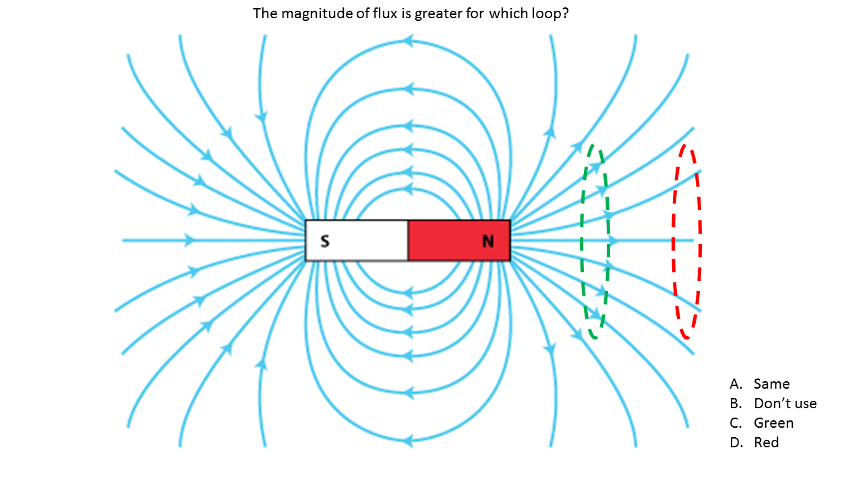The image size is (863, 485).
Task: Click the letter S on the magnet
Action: pyautogui.click(x=325, y=240)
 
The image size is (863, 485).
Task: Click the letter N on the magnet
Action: pyautogui.click(x=488, y=240)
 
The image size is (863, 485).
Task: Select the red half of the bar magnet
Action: pyautogui.click(x=458, y=240)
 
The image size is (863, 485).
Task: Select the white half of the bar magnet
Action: pyautogui.click(x=356, y=240)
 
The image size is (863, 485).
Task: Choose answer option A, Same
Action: pyautogui.click(x=771, y=384)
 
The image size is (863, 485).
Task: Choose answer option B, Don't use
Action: pyautogui.click(x=785, y=403)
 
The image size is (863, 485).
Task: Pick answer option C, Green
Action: pyautogui.click(x=773, y=423)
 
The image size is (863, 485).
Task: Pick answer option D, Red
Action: pyautogui.click(x=766, y=443)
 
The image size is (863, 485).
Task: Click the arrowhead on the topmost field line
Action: pyautogui.click(x=407, y=42)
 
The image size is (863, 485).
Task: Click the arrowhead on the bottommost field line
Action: pyautogui.click(x=407, y=441)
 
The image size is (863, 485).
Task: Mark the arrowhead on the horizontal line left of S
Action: pyautogui.click(x=190, y=240)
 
